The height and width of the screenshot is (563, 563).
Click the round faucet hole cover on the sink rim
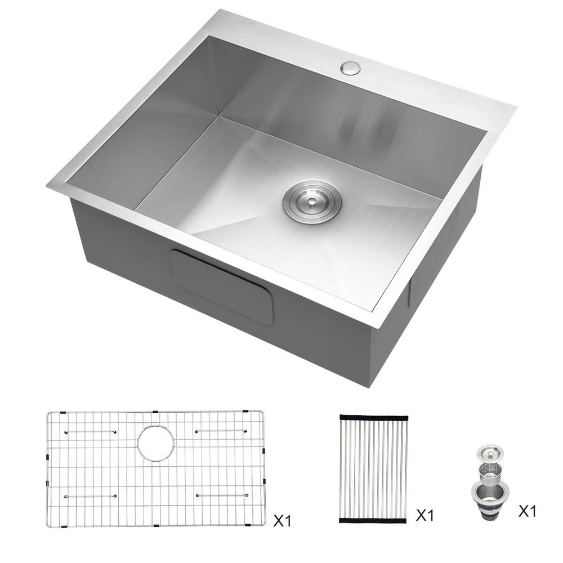point(351,68)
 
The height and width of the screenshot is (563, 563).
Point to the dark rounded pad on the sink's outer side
point(221,287)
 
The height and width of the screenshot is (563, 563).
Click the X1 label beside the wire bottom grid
point(282,521)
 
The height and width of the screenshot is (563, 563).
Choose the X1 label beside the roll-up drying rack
point(425,516)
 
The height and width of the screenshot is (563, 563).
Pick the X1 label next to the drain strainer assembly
point(528,511)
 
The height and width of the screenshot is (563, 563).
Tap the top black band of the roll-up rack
point(374,418)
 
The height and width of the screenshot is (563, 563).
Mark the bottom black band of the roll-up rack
point(373,520)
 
